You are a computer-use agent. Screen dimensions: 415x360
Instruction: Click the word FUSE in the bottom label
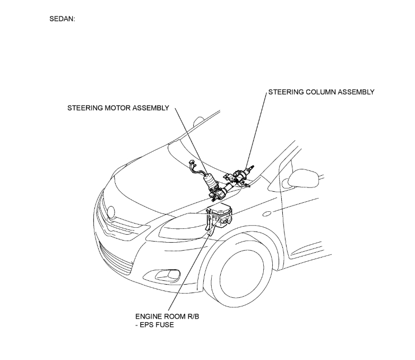click(163, 325)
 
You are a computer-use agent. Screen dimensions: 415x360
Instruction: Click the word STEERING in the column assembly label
click(287, 92)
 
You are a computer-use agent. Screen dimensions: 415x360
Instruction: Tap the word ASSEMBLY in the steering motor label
click(151, 108)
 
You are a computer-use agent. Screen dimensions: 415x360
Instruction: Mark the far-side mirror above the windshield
click(199, 121)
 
